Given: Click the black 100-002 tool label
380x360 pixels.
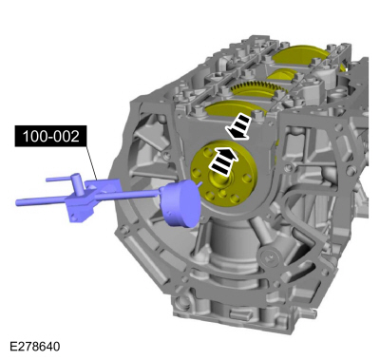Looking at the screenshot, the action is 50,137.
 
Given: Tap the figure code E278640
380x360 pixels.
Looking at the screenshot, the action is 35,347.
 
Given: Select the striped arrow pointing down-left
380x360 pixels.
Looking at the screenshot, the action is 237,127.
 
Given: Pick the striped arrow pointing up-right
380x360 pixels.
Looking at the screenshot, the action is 222,160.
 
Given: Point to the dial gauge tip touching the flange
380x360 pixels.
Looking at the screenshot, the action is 200,183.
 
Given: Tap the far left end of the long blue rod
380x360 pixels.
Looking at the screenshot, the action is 17,202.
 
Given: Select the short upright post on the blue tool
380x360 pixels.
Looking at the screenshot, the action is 78,183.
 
